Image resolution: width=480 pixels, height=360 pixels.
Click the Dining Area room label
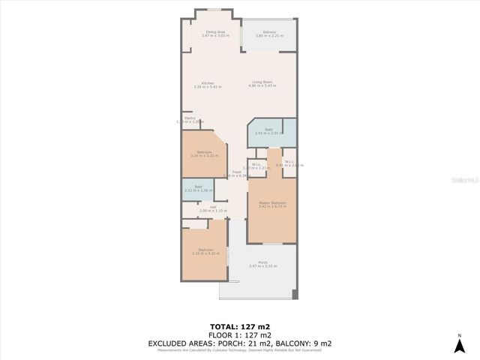[x=216, y=32]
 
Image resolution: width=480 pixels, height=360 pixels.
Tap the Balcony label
[x=269, y=32]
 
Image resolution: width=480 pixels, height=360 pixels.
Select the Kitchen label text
[x=208, y=83]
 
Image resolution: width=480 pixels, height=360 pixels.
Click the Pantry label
[x=190, y=118]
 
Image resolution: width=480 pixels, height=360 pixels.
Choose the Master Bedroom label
[x=272, y=202]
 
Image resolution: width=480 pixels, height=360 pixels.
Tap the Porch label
[x=262, y=262]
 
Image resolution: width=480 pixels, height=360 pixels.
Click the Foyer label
[x=236, y=172]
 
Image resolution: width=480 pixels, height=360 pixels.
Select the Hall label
[x=213, y=207]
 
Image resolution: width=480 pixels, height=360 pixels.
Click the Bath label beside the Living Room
[x=268, y=130]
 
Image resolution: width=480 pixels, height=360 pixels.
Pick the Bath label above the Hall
[x=198, y=187]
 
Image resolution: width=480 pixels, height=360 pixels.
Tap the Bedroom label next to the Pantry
[x=203, y=152]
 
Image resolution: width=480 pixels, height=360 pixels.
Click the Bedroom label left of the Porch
[x=205, y=250]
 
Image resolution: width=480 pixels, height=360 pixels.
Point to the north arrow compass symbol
[x=459, y=346]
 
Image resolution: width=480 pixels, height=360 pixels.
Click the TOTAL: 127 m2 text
[x=240, y=327]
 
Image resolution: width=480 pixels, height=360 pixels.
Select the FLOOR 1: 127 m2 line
[x=240, y=334]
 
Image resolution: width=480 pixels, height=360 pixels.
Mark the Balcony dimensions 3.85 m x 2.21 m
[x=269, y=36]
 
